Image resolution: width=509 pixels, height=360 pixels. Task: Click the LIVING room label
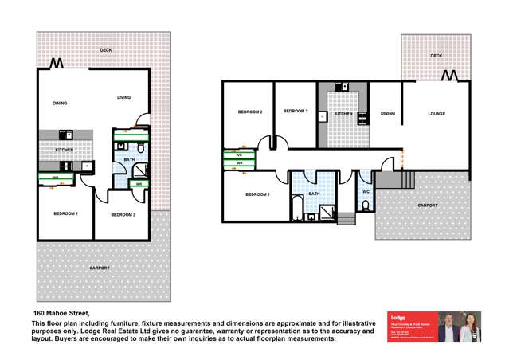coord(123,97)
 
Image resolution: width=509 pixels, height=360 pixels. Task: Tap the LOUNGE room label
coord(437,114)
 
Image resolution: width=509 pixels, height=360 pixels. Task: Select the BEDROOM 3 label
coord(296,112)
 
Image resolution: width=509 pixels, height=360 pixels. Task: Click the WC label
coord(365,192)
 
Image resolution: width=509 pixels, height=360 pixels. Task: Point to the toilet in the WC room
coord(365,205)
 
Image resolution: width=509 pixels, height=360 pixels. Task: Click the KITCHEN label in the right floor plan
coord(343,114)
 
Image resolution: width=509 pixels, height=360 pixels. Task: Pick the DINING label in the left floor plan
coord(60,103)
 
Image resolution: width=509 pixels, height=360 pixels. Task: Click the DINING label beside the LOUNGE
coord(388,114)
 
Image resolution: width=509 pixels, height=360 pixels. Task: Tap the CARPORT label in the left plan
coord(100,268)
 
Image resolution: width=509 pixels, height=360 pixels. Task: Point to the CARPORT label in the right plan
coord(429,205)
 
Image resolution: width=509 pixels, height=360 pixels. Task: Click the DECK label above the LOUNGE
coord(436,56)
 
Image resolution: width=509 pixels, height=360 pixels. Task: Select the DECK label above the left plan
coord(105,50)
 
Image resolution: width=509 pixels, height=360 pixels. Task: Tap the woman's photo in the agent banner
coord(471,326)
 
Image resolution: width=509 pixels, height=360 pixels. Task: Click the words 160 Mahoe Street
coord(61,312)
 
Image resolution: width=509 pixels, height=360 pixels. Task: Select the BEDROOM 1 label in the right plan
coord(256,194)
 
